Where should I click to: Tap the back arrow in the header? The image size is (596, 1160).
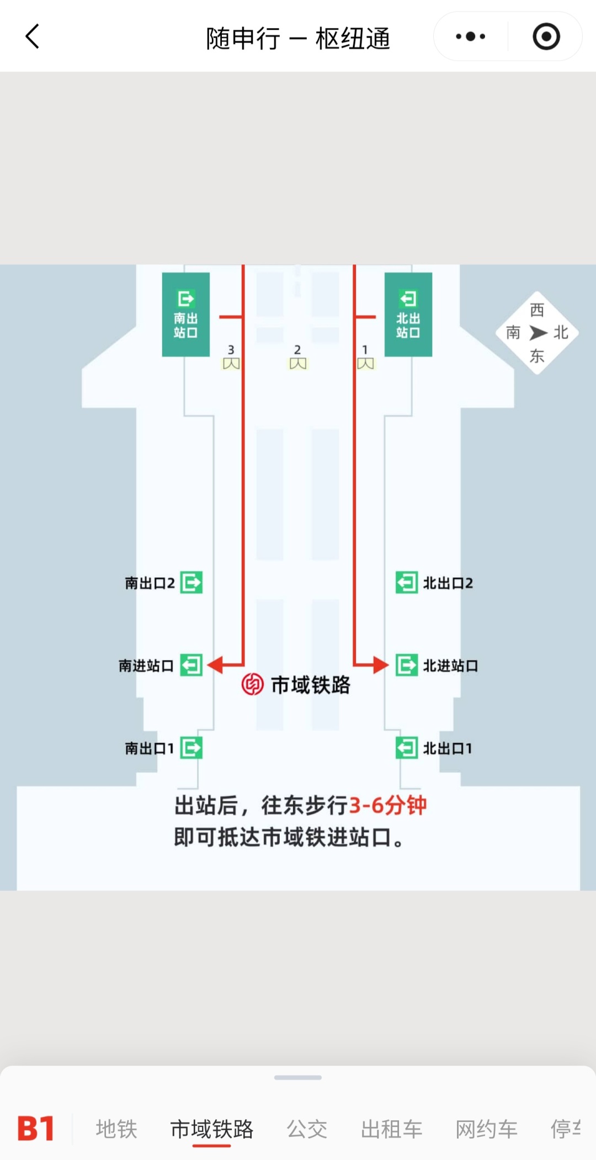coord(33,36)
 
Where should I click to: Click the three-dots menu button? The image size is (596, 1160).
coord(470,36)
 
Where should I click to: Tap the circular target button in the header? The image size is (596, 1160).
coord(546,36)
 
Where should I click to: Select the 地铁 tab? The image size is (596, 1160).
coord(116,1129)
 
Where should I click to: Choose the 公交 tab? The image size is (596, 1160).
coord(307,1129)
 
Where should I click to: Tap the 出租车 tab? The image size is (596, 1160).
coord(391,1129)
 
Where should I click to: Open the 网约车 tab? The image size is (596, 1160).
coord(486,1129)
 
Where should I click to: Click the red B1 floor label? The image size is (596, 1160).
coord(36,1128)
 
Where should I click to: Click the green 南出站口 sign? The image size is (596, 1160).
coord(186,315)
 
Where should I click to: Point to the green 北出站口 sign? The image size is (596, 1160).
coord(408,315)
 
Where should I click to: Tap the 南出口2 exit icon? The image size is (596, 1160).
coord(191,582)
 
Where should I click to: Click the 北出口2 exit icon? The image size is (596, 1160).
coord(407,582)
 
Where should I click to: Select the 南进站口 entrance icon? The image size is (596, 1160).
coord(191,665)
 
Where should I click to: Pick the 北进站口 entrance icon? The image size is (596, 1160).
coord(407,665)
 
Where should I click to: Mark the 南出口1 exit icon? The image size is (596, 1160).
coord(191,748)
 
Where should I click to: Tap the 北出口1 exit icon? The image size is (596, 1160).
coord(407,748)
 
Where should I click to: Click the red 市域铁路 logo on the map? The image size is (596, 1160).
coord(253,684)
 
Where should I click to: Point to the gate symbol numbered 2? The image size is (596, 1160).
coord(298,363)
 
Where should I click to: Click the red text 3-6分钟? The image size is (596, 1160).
coord(388,805)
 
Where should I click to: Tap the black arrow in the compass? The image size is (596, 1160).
coord(538,333)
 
